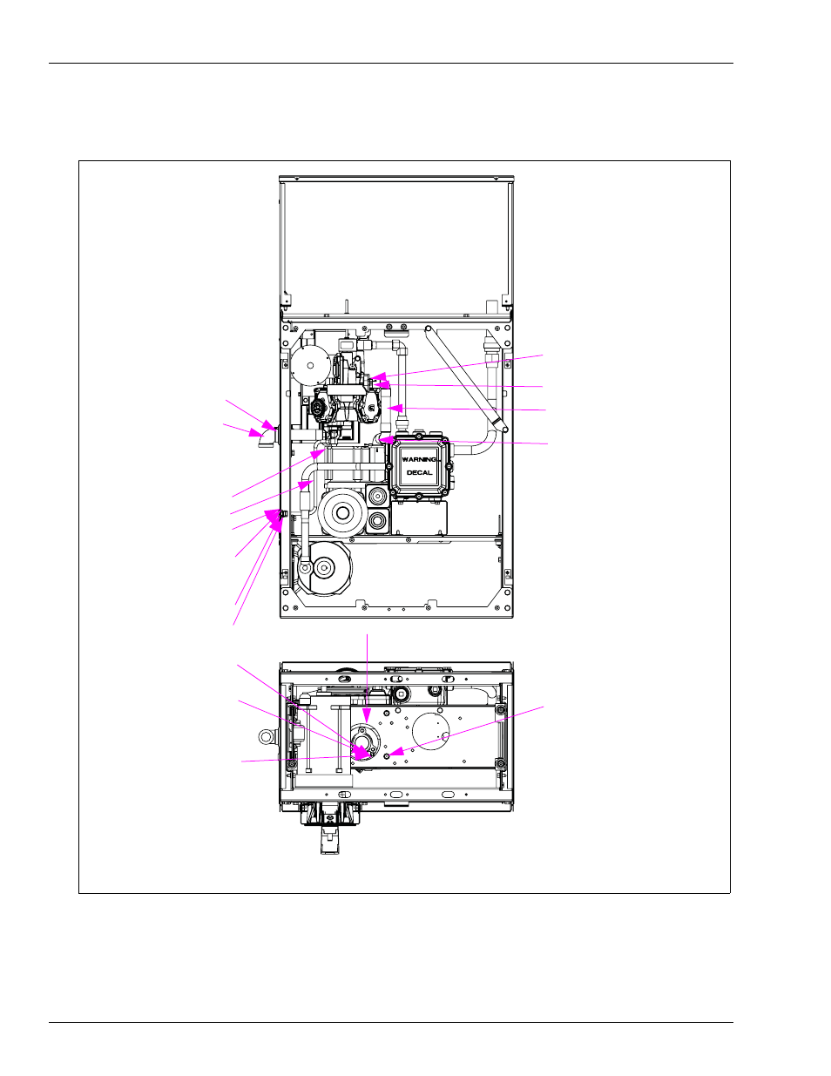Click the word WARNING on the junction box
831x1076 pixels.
click(x=419, y=459)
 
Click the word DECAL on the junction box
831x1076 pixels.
click(x=419, y=472)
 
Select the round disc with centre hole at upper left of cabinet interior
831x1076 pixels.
click(x=310, y=365)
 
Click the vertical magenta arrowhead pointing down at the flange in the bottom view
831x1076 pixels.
click(x=367, y=715)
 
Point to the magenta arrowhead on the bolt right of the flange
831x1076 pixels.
click(x=397, y=752)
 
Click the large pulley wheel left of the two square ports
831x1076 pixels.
click(x=342, y=513)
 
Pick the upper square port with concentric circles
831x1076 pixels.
click(x=378, y=495)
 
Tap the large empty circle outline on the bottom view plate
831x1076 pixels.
click(x=431, y=731)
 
